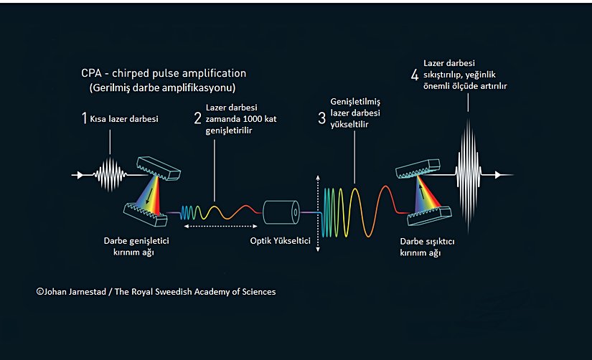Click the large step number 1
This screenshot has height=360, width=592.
(84, 118)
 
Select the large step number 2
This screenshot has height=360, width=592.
(197, 118)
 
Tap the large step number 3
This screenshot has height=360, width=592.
(321, 118)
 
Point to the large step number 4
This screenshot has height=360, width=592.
(415, 75)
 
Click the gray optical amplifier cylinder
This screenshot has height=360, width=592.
(281, 212)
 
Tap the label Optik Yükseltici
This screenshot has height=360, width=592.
(280, 241)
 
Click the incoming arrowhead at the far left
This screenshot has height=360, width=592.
(80, 175)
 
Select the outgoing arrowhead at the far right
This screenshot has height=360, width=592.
(498, 175)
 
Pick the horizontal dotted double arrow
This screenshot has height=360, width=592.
(220, 227)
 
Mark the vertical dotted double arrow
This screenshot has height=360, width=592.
(318, 213)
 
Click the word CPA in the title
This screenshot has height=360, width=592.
(91, 73)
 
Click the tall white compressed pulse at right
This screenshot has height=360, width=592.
(468, 175)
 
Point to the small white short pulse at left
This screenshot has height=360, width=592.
(111, 175)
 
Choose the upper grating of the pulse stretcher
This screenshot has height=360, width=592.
(159, 169)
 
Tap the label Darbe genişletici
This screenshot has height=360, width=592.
(136, 241)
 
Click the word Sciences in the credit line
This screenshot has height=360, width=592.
(259, 292)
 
